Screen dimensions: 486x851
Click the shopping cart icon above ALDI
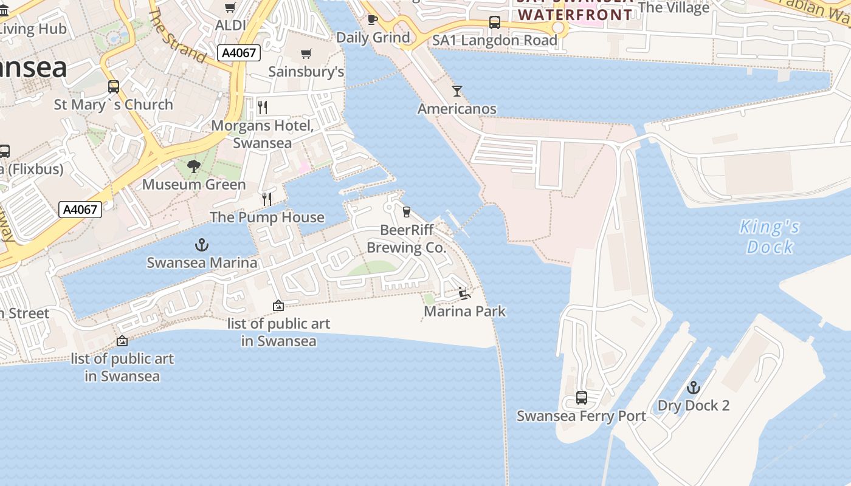pyautogui.click(x=230, y=8)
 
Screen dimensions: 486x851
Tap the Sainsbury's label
pyautogui.click(x=306, y=72)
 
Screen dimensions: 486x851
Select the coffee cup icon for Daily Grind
pyautogui.click(x=373, y=20)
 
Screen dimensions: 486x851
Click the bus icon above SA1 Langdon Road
pyautogui.click(x=494, y=23)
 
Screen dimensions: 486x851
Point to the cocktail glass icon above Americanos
pyautogui.click(x=457, y=91)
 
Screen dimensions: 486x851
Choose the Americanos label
pyautogui.click(x=457, y=109)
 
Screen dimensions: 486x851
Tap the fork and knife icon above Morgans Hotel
pyautogui.click(x=263, y=108)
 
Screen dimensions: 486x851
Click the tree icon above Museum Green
pyautogui.click(x=194, y=166)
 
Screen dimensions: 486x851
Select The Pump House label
pyautogui.click(x=267, y=217)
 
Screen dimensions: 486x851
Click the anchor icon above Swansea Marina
pyautogui.click(x=201, y=245)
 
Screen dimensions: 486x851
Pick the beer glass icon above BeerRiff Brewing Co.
pyautogui.click(x=406, y=212)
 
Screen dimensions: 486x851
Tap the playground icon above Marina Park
pyautogui.click(x=464, y=293)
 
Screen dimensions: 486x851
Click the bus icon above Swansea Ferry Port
pyautogui.click(x=581, y=399)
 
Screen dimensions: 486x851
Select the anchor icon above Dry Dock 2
pyautogui.click(x=693, y=388)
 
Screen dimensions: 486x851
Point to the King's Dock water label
pyautogui.click(x=770, y=237)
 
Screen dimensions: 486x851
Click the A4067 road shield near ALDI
pyautogui.click(x=239, y=53)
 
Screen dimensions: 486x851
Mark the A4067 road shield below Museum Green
pyautogui.click(x=80, y=210)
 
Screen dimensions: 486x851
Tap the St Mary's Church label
pyautogui.click(x=114, y=104)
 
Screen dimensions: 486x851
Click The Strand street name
pyautogui.click(x=177, y=36)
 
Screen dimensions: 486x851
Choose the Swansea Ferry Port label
pyautogui.click(x=581, y=416)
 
